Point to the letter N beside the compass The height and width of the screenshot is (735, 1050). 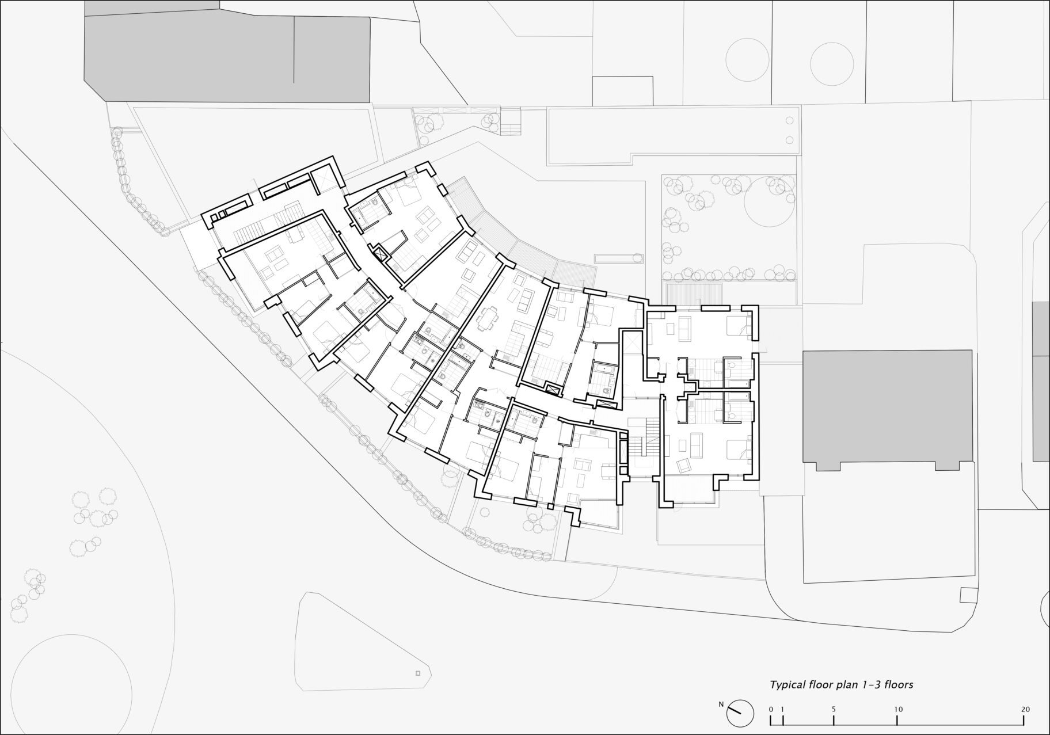[721, 704]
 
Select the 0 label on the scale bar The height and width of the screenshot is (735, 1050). [771, 709]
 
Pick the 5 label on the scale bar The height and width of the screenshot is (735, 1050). [834, 709]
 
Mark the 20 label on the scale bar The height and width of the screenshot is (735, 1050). [1025, 709]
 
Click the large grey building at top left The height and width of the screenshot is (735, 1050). [227, 55]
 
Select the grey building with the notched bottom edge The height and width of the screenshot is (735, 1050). [887, 409]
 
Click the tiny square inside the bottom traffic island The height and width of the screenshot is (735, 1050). [418, 673]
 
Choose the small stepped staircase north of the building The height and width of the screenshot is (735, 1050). [511, 122]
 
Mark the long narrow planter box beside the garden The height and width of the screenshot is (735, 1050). [618, 258]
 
